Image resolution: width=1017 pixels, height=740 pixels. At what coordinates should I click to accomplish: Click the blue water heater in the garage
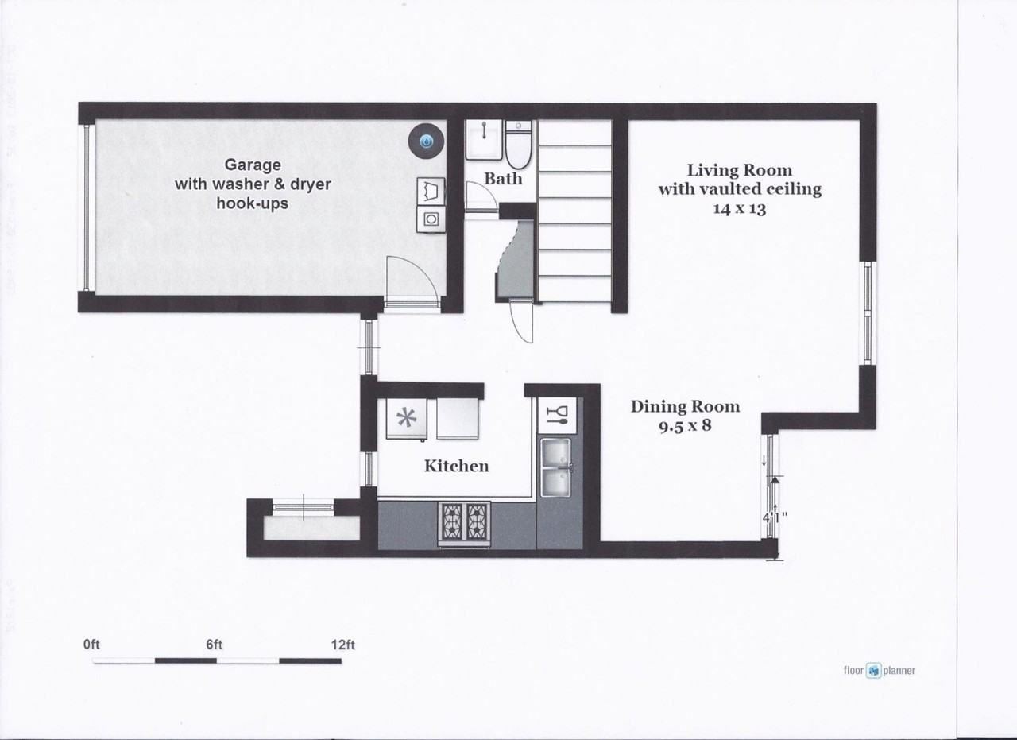426,141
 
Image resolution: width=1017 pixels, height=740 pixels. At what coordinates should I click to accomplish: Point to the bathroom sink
481,140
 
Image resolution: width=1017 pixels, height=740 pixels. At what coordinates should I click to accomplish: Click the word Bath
504,179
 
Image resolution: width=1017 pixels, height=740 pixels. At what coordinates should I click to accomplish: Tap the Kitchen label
456,466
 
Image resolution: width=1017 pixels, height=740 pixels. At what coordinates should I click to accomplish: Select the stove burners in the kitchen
466,523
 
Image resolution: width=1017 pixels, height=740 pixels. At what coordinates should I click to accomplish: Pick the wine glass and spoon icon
559,415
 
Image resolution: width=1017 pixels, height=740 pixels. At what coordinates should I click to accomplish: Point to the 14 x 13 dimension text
739,209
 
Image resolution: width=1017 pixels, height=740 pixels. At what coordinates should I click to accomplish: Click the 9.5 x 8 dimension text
684,425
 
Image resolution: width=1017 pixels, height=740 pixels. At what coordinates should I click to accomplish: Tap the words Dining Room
685,406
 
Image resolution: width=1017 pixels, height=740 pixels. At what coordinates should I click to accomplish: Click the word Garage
253,165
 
